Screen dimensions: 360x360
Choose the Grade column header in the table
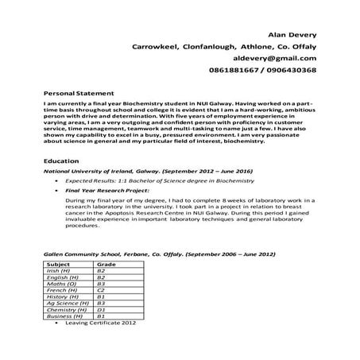click(x=106, y=263)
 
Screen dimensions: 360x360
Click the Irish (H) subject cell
click(x=60, y=270)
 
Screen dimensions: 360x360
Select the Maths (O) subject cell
click(x=61, y=283)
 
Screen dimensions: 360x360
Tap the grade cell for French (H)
click(x=101, y=290)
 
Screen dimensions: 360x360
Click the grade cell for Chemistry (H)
click(x=101, y=309)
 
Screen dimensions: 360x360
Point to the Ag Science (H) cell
click(x=66, y=303)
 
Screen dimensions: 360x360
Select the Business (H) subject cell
click(x=64, y=315)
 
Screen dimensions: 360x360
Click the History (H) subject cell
click(x=63, y=296)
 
